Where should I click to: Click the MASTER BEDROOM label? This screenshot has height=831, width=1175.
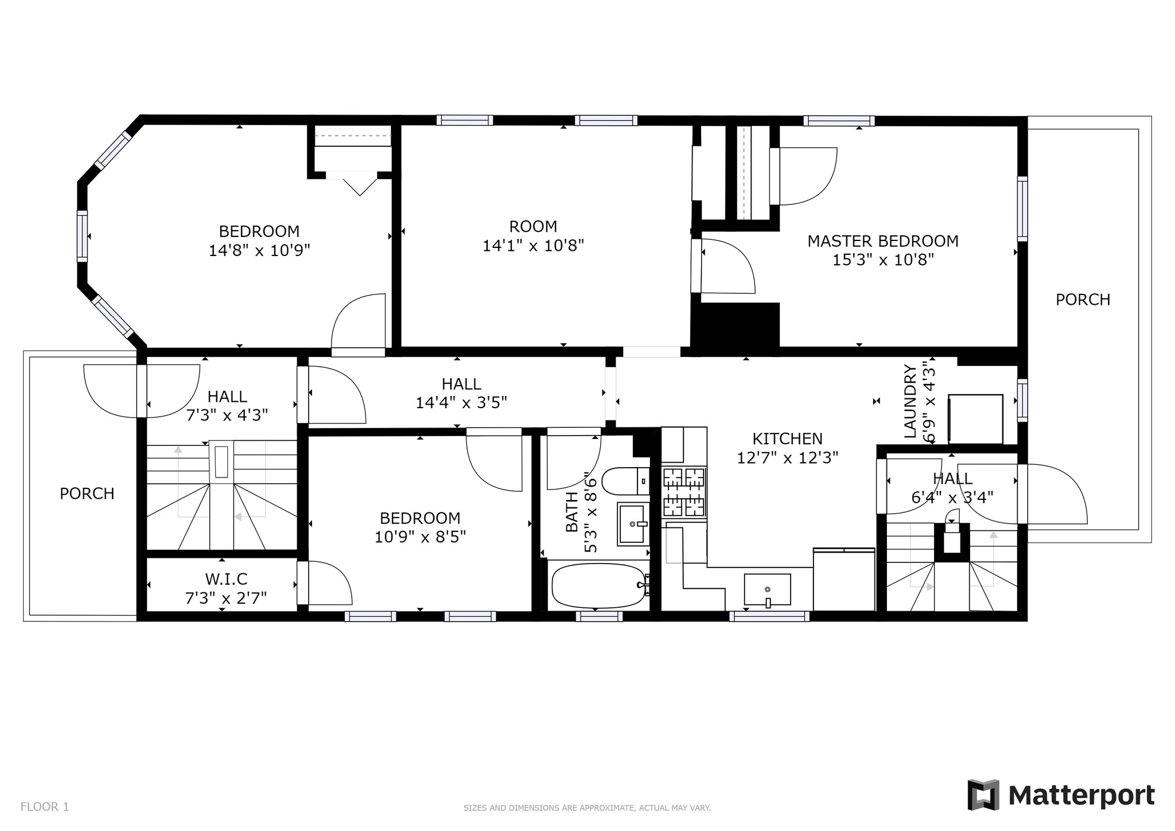click(882, 241)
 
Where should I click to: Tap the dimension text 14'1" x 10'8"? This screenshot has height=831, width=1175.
click(533, 246)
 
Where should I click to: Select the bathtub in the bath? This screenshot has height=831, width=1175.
click(598, 586)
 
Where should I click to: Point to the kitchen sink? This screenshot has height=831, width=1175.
click(767, 589)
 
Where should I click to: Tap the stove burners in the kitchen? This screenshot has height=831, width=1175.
click(684, 491)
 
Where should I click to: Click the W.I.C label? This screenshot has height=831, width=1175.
click(226, 579)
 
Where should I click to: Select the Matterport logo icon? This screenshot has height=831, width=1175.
click(983, 795)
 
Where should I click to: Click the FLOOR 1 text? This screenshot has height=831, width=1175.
click(45, 806)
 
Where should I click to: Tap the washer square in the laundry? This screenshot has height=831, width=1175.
click(975, 419)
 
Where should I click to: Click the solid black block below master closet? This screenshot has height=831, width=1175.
click(735, 325)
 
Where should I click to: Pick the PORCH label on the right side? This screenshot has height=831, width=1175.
click(1083, 300)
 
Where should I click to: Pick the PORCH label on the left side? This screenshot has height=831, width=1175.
click(87, 494)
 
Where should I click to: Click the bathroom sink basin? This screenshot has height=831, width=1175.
click(633, 523)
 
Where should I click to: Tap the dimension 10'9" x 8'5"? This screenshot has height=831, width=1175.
click(420, 537)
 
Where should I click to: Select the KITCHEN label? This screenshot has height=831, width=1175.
click(787, 439)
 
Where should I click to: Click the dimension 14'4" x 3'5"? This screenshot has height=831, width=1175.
click(461, 402)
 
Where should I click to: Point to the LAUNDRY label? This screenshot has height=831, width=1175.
click(910, 401)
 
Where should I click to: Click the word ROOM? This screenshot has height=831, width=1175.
click(533, 226)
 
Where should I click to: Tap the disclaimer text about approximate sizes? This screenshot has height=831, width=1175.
click(587, 808)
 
